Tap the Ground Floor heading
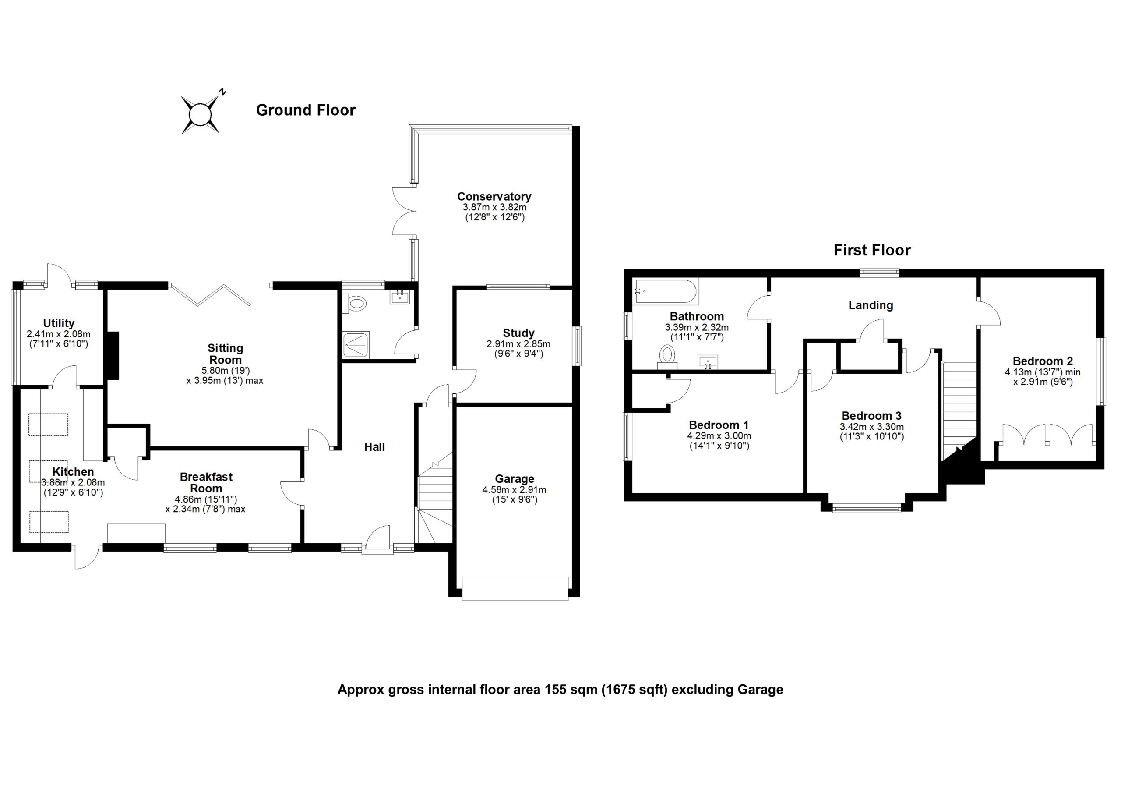[306, 110]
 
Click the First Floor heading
[871, 251]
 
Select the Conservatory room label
[494, 196]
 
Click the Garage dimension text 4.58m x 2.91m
[514, 489]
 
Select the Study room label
[518, 333]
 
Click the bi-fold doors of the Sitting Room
[211, 295]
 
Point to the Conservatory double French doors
[404, 211]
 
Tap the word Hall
[374, 446]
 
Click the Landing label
[871, 305]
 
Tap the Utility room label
[59, 323]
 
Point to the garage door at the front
[515, 588]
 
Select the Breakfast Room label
[206, 482]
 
